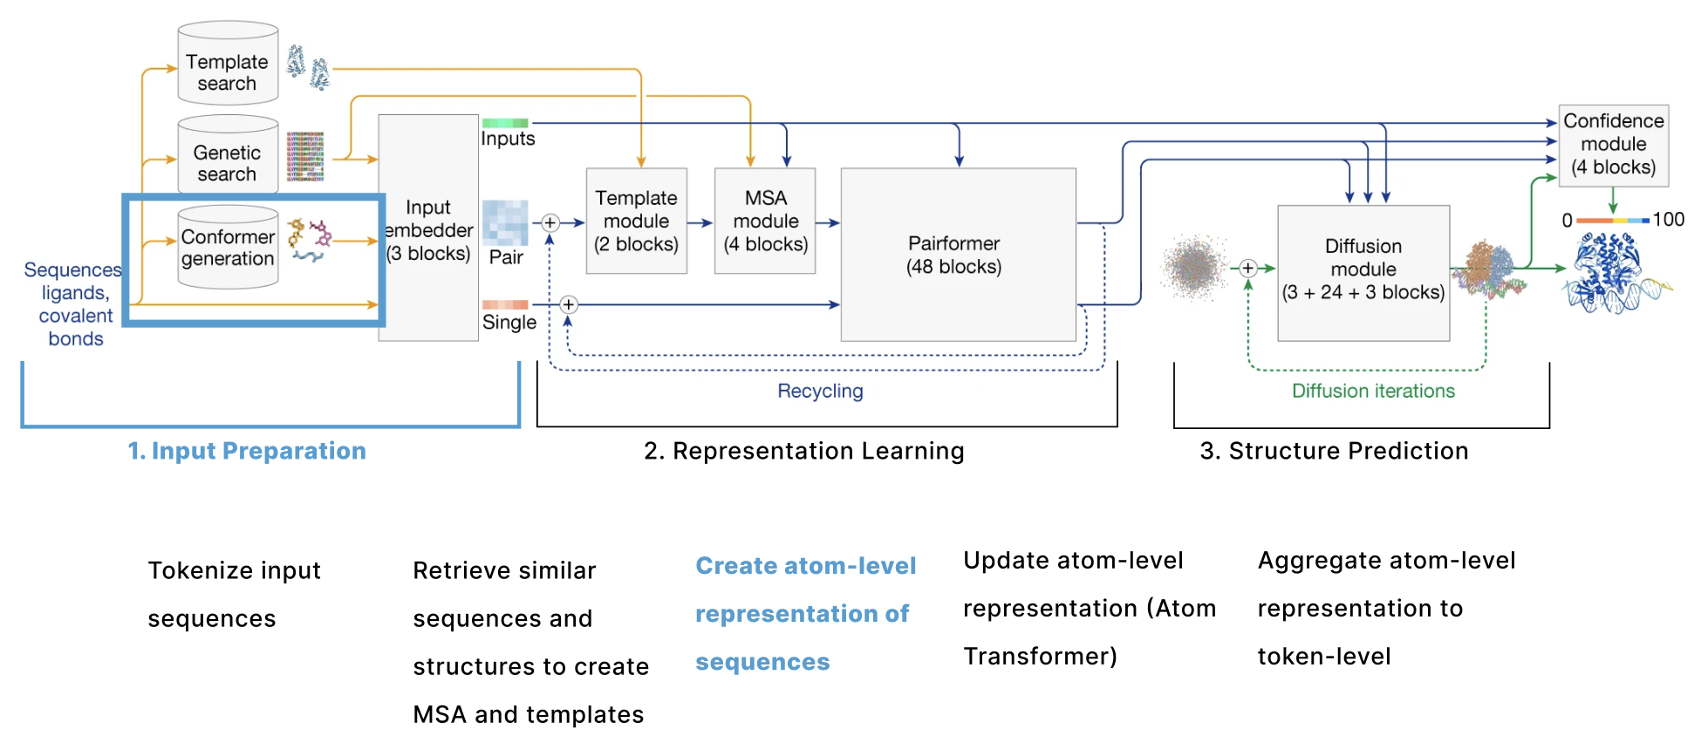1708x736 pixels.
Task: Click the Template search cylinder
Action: tap(228, 63)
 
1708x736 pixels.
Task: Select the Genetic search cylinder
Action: tap(228, 154)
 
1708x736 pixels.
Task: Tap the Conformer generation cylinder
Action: tap(228, 247)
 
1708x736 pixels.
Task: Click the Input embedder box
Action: tap(428, 228)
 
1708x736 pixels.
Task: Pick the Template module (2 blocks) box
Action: tap(637, 221)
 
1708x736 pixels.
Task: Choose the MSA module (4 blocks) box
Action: tap(765, 221)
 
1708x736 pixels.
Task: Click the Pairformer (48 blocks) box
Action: tap(958, 255)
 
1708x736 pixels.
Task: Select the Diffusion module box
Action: tap(1363, 273)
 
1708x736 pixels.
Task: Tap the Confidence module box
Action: tap(1614, 146)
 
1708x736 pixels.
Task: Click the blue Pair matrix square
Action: tap(505, 222)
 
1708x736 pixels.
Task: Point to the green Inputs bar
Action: tap(505, 123)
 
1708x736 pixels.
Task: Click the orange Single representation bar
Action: tap(505, 304)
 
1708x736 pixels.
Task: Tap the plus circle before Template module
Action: tap(550, 222)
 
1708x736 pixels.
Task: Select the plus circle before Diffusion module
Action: tap(1248, 269)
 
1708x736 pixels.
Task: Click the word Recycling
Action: tap(820, 392)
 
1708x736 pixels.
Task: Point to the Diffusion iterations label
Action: tap(1373, 391)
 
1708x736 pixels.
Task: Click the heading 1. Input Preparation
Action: tap(247, 451)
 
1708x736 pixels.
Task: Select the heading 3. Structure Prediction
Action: tap(1334, 451)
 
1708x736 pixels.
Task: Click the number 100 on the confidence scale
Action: tap(1668, 220)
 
